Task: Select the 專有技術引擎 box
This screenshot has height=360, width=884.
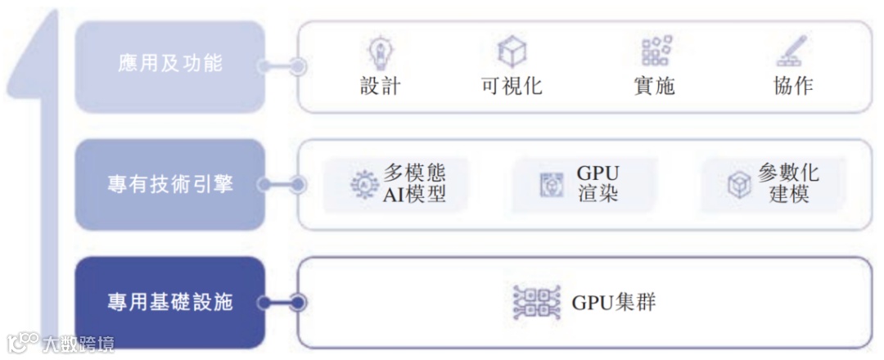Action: point(169,184)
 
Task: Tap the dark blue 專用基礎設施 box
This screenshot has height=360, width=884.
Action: point(169,302)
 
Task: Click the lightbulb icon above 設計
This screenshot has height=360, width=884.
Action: point(380,52)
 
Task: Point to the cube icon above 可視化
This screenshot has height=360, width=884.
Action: point(512,52)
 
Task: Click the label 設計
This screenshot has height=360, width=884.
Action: point(380,86)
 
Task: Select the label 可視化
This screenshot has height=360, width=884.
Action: point(512,86)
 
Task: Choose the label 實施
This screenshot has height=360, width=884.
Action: point(654,86)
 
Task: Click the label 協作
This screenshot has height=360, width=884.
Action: point(792,86)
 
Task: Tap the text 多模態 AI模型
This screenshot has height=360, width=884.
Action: point(415,184)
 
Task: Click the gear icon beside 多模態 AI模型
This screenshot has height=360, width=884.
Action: point(361,185)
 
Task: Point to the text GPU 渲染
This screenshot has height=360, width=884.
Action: point(598,184)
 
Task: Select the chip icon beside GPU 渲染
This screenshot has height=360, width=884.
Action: point(551,185)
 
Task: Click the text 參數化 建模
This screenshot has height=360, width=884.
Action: point(788,184)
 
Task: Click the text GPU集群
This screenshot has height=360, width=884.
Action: point(613,302)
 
